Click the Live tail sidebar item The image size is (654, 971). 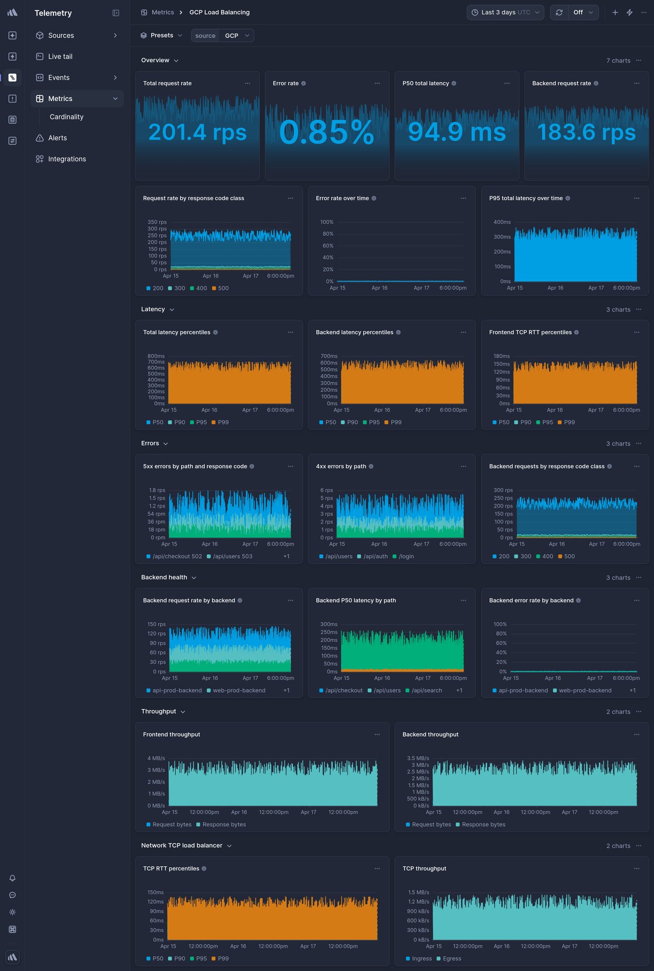point(60,57)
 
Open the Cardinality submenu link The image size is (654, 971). point(66,117)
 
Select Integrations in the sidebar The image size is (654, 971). point(67,159)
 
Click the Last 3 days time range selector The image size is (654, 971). point(505,12)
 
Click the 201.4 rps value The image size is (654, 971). point(197,132)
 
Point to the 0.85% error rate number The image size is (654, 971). point(326,132)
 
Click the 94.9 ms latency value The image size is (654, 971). point(456,132)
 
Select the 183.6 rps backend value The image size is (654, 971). point(586,132)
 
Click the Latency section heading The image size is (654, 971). point(153,309)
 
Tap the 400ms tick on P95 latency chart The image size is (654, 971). point(502,222)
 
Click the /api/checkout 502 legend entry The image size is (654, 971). point(177,556)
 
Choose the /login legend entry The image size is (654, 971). point(406,556)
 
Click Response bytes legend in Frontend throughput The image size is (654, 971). point(224,825)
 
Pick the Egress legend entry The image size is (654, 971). point(451,959)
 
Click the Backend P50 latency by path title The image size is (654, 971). point(356,601)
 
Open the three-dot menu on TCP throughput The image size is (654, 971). point(636,869)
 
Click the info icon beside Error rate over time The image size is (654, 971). point(374,198)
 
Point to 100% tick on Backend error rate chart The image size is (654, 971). point(500,624)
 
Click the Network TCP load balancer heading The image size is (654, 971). point(182,845)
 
